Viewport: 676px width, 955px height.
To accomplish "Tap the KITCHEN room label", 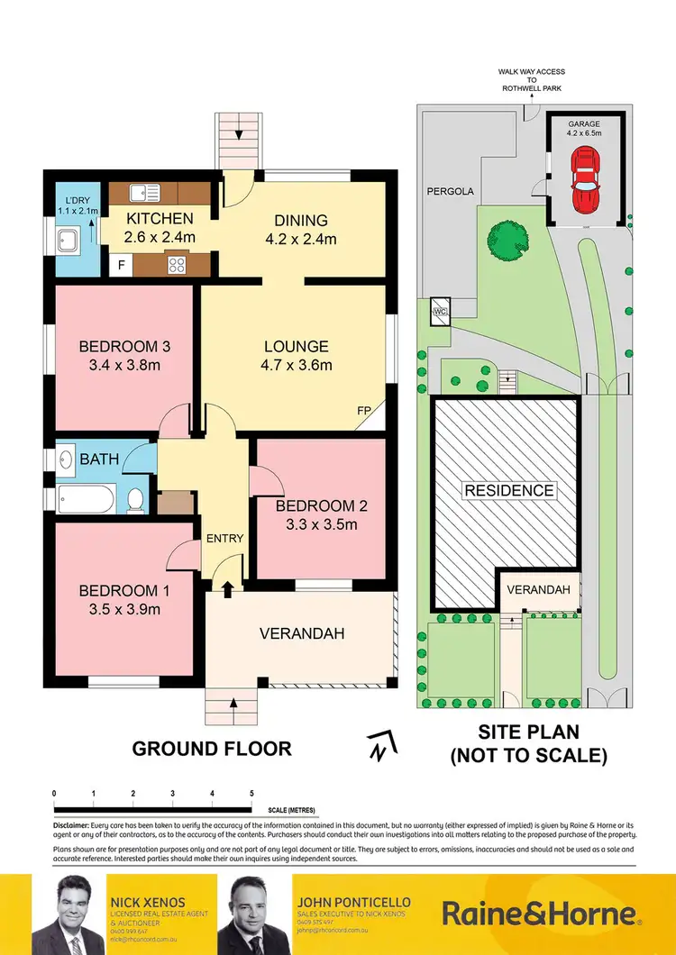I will [160, 219].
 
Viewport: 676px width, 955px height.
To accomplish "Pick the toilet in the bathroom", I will [135, 499].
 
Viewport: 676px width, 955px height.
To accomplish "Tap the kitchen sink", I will [144, 192].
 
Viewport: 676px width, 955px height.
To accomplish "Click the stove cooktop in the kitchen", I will [175, 264].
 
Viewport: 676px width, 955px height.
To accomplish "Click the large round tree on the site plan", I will [504, 240].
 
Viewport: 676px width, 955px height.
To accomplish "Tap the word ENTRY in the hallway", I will [224, 539].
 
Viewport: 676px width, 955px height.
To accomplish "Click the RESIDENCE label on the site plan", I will [508, 491].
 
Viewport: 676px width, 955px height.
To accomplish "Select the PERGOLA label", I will [451, 192].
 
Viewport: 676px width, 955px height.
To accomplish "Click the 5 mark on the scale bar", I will [251, 793].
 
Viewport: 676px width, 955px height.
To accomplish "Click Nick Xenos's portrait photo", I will [69, 914].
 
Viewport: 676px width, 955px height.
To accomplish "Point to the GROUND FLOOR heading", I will [212, 748].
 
